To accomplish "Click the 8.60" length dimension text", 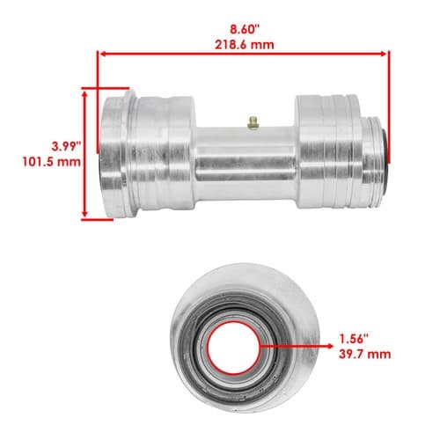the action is tap(245, 29).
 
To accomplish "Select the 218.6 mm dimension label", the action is tap(245, 45).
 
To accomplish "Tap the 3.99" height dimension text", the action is tap(66, 146).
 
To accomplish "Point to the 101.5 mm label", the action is tap(52, 162).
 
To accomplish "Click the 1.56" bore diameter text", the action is tap(354, 339).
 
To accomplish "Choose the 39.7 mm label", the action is tap(364, 355).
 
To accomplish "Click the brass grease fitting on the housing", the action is tap(253, 122).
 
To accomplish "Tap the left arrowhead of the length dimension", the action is tap(102, 54).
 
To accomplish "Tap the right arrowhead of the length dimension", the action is tap(384, 54).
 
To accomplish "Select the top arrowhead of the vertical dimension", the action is tap(85, 94).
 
